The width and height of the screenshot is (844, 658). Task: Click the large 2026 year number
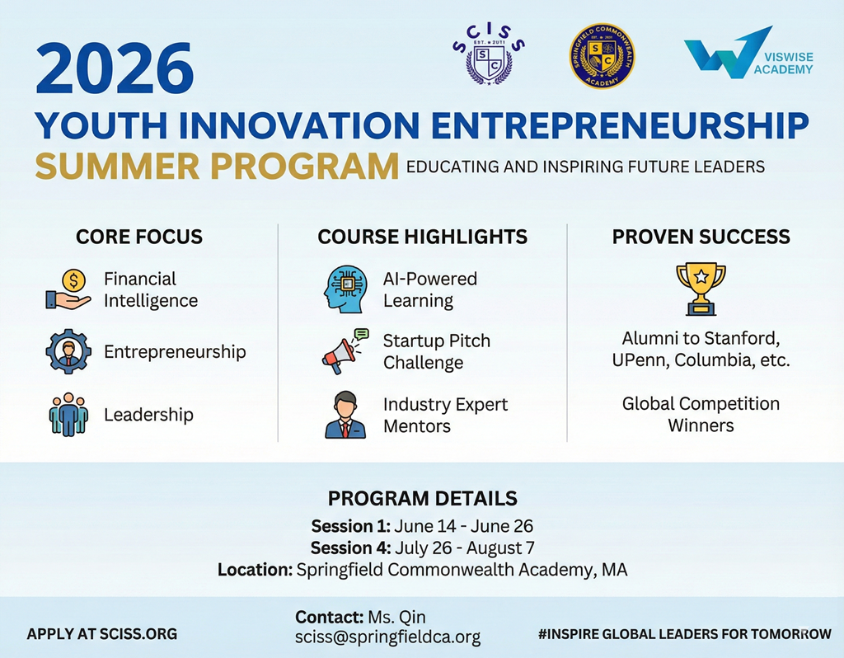(x=115, y=69)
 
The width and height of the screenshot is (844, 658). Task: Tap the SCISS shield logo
(x=488, y=55)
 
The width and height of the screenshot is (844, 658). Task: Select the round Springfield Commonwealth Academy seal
(x=602, y=55)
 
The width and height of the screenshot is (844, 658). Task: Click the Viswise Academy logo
(x=748, y=53)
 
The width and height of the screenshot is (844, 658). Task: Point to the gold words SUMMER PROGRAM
(x=217, y=167)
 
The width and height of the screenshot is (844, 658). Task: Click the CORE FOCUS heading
(x=138, y=237)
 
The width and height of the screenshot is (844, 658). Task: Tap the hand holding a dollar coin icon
(x=69, y=289)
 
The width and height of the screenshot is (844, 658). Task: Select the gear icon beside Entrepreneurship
(x=68, y=351)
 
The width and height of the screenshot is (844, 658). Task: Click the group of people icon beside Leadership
(x=68, y=414)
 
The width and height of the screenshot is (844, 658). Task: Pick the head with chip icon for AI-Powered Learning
(x=345, y=289)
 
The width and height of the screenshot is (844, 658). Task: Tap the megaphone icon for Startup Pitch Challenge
(x=345, y=351)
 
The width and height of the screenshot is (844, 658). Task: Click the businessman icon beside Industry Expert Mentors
(x=345, y=415)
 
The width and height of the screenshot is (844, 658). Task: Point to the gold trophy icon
(x=701, y=289)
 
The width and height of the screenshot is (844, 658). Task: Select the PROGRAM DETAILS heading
(x=423, y=499)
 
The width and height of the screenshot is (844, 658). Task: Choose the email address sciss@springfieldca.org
(x=387, y=637)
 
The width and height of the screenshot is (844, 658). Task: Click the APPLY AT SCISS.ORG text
(x=101, y=634)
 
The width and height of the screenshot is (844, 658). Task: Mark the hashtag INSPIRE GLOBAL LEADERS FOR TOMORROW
(x=685, y=634)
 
